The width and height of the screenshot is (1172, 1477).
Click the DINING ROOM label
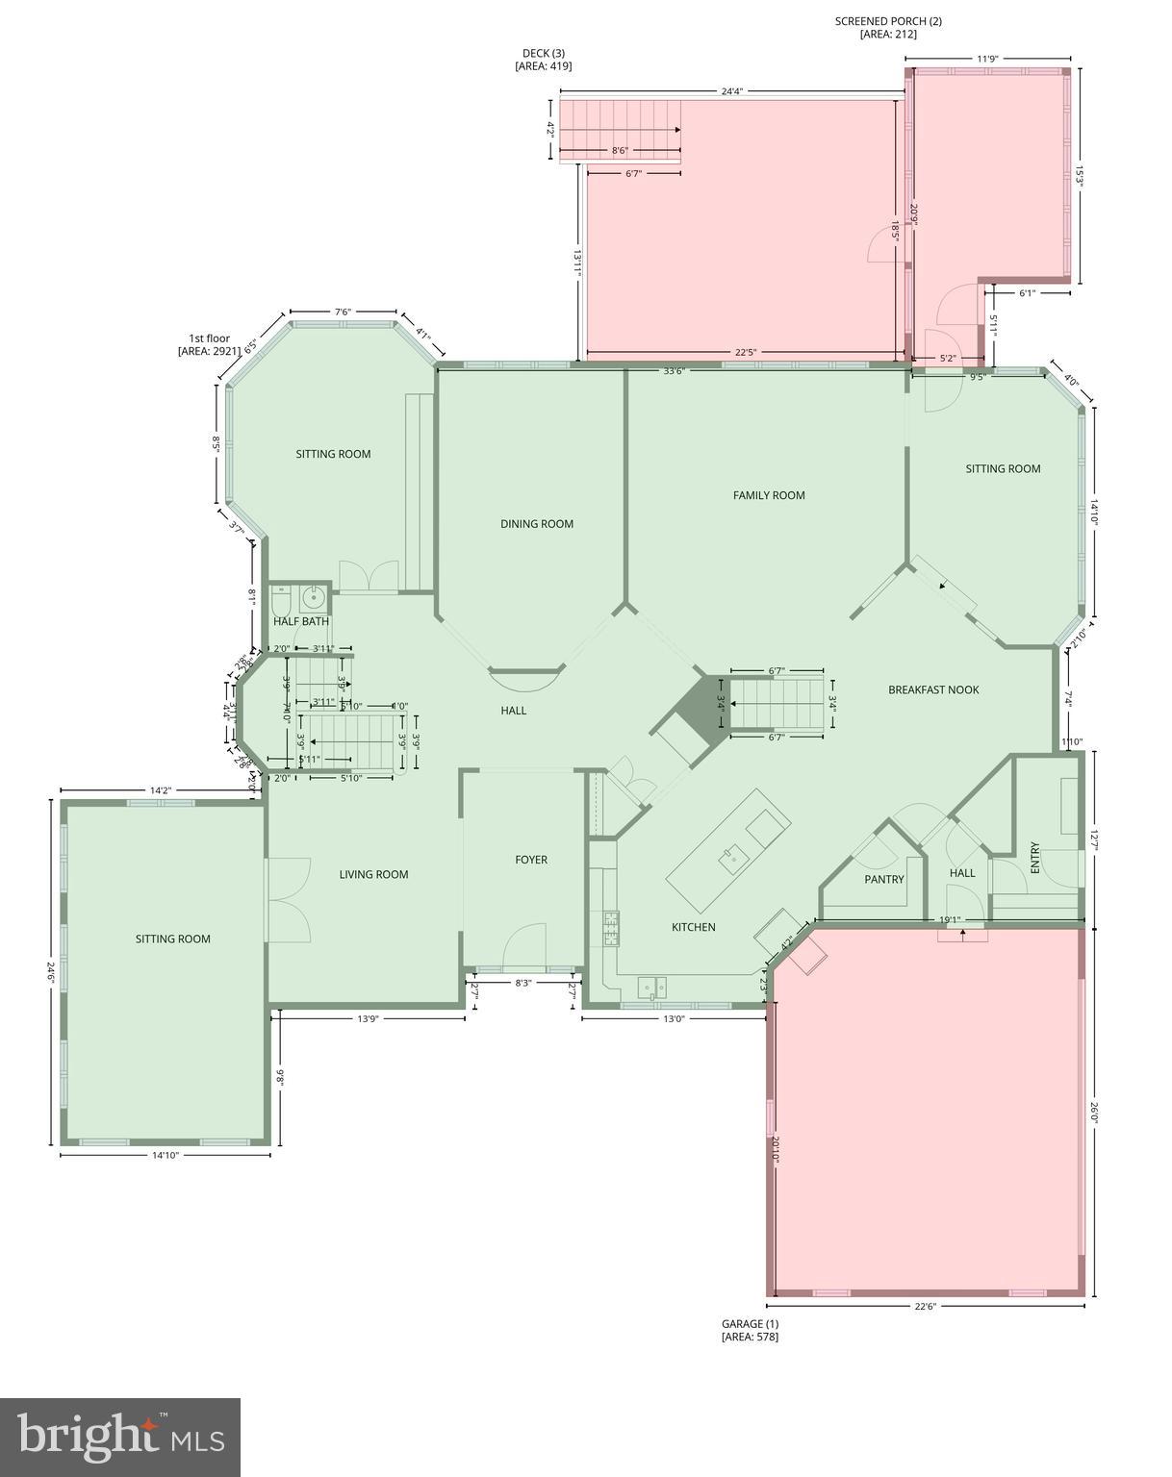[537, 524]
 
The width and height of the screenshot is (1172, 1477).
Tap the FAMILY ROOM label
[769, 495]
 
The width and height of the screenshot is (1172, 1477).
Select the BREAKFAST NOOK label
[933, 689]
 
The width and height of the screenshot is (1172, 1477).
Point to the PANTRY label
[883, 879]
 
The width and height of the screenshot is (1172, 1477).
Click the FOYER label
[531, 860]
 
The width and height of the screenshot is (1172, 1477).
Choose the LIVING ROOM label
[373, 874]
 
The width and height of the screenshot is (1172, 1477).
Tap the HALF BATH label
[301, 621]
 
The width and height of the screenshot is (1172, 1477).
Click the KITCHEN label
[693, 927]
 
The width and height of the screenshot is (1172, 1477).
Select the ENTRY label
[1035, 857]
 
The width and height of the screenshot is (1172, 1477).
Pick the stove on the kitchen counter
[611, 929]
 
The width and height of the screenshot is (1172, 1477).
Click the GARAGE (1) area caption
[751, 1330]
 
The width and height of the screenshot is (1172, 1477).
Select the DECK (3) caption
[544, 60]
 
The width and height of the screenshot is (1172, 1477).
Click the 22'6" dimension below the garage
[925, 1306]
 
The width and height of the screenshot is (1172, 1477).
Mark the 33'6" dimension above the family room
[674, 372]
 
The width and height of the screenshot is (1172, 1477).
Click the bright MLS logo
[120, 1438]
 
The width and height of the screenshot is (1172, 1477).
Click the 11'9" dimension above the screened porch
[987, 59]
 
